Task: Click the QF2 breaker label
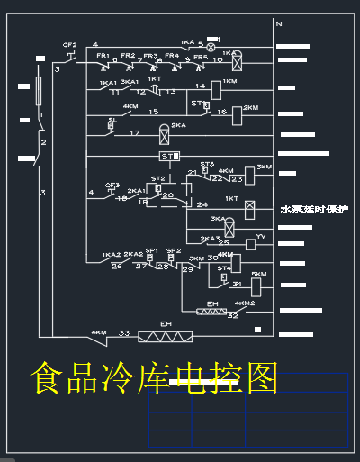(69, 45)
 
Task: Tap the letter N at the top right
(279, 23)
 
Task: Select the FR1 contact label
(103, 56)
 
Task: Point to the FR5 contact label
(200, 57)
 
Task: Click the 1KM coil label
(229, 81)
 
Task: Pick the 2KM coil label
(251, 106)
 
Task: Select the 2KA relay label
(178, 125)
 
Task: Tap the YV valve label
(261, 236)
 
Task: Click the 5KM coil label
(258, 274)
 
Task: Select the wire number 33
(124, 333)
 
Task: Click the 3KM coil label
(264, 168)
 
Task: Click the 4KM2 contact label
(244, 304)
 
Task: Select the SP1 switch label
(151, 251)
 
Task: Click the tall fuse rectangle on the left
(40, 94)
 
